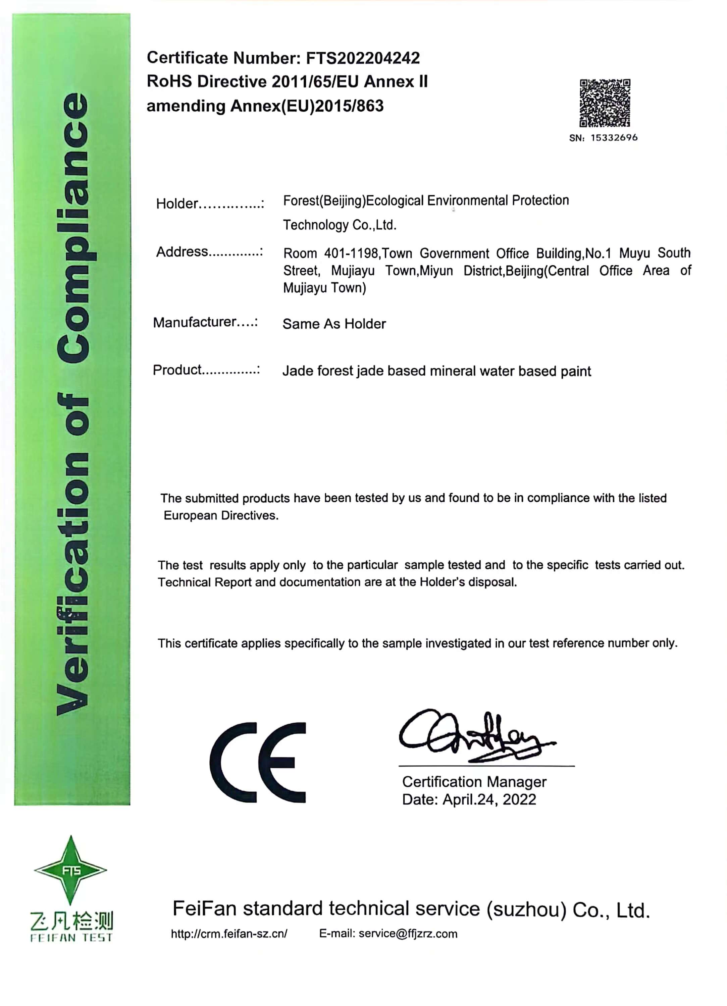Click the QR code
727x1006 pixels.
[605, 103]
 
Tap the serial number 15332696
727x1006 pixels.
[614, 138]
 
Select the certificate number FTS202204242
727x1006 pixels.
[363, 58]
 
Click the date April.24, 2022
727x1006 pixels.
[489, 799]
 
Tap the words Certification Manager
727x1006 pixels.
[474, 782]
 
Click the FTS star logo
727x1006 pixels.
[70, 870]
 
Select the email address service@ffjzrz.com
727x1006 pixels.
[407, 934]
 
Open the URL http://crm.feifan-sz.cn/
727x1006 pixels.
[229, 934]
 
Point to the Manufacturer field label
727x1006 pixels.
[194, 322]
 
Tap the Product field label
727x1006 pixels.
[177, 370]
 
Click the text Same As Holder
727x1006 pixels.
[334, 324]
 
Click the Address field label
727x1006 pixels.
[182, 251]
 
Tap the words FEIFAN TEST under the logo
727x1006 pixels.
[71, 937]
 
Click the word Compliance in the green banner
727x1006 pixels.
[73, 228]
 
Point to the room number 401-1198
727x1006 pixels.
[351, 254]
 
